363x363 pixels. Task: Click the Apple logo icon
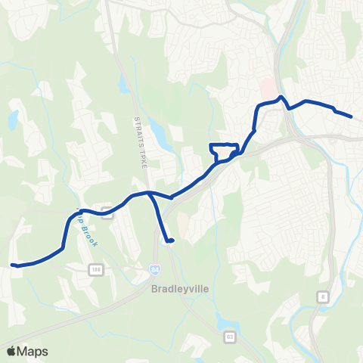click(11, 351)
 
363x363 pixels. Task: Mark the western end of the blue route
click(13, 265)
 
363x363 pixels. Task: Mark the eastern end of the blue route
click(352, 116)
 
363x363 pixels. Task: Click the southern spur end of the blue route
click(171, 241)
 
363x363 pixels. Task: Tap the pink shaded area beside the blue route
click(267, 89)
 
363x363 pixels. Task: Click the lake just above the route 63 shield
click(225, 321)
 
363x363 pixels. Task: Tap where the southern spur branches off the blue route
click(151, 194)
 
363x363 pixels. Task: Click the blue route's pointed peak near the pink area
click(281, 97)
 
